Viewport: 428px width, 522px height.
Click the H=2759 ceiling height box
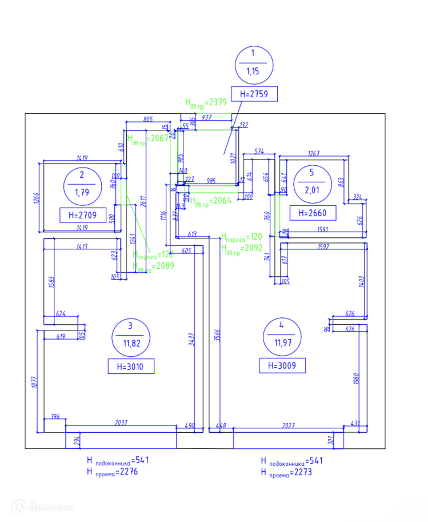pos(254,94)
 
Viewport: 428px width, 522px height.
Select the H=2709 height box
pos(82,216)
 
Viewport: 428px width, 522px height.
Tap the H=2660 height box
pos(313,213)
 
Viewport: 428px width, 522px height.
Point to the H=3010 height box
pos(131,366)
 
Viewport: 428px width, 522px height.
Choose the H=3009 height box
pos(282,365)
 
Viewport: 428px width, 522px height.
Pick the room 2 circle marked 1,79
pos(81,185)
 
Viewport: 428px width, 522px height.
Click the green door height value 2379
pos(217,102)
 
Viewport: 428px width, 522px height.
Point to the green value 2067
pos(158,138)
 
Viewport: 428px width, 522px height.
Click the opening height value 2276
pos(126,472)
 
